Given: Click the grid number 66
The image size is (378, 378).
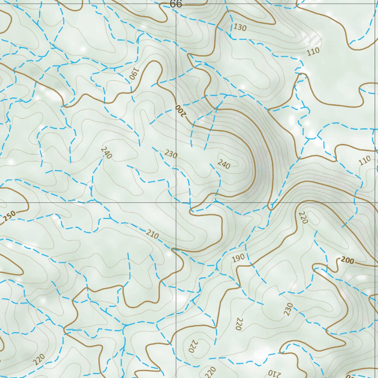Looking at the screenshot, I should coord(176,4).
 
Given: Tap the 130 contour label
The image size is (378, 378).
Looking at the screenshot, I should coord(240,27).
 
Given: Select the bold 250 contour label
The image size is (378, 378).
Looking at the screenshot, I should coord(10,216).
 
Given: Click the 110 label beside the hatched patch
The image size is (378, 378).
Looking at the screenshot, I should coord(313,51).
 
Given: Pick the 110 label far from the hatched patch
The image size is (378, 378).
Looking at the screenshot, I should coord(364,160).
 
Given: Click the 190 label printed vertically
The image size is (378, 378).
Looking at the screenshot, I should coord(133,74).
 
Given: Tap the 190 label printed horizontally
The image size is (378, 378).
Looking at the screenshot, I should coord(238,258).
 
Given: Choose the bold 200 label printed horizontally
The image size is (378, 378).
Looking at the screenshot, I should coord(347,261).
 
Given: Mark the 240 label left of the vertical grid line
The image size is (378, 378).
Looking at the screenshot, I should coord(106,152).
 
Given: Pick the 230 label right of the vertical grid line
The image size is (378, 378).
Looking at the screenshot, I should coord(288,309).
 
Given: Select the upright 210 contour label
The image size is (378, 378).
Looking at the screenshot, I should coord(152,234).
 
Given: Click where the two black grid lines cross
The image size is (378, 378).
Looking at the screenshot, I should coord(176,203).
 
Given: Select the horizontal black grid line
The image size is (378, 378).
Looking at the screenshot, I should coord(92,203).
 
